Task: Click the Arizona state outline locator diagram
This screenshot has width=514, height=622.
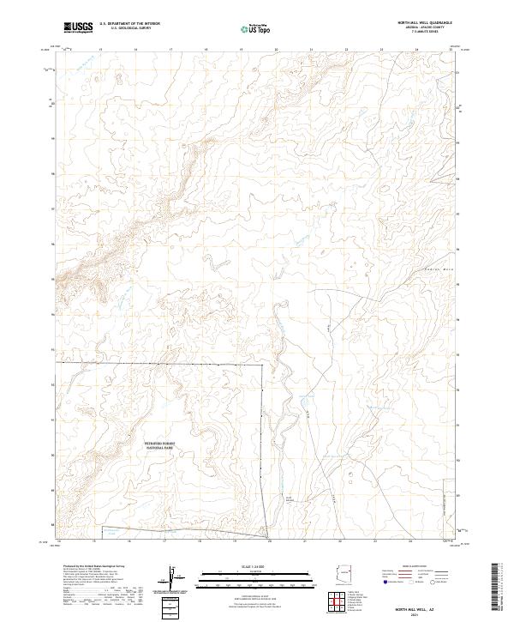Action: coord(347,572)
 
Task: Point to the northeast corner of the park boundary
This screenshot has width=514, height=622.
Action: coord(262,364)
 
